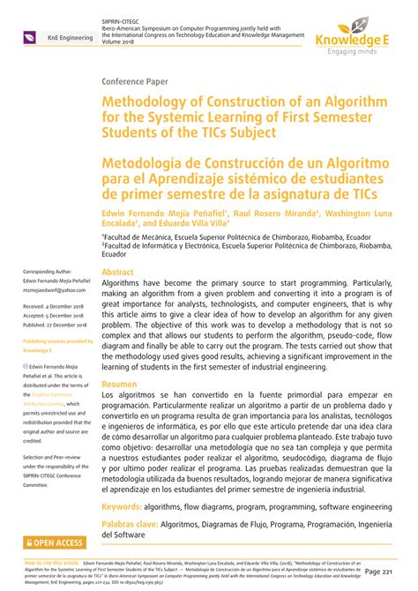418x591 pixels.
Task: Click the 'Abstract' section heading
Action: pyautogui.click(x=118, y=273)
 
